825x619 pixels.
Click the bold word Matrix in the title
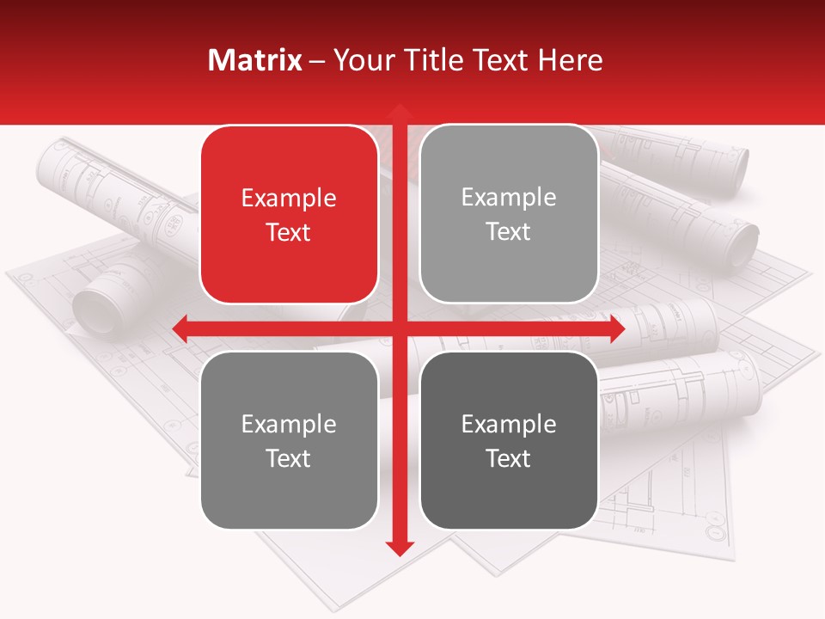255,60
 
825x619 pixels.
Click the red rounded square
289,215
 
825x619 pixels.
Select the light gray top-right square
509,214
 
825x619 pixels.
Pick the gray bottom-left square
289,440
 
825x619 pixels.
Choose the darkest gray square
509,440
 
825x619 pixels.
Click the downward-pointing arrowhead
399,548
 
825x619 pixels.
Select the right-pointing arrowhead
616,329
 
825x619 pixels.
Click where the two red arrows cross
399,329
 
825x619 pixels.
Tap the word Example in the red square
289,199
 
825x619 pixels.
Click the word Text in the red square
289,232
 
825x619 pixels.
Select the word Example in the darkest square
509,424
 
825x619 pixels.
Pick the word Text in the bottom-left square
289,458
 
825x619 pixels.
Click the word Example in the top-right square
509,198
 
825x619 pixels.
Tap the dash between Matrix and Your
317,61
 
